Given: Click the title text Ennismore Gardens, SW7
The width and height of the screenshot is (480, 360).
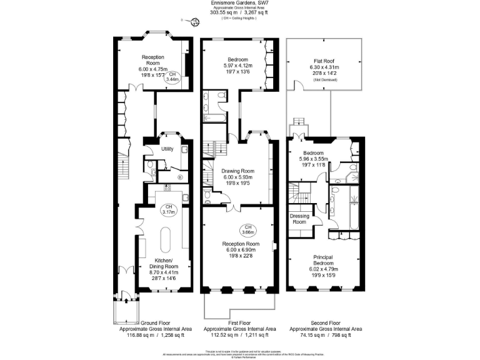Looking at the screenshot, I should point(239,3).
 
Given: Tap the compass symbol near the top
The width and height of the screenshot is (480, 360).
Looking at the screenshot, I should point(195,22).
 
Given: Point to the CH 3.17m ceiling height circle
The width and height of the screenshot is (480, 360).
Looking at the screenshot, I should point(168,209).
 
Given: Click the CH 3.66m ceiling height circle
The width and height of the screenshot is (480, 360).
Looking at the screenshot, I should point(248,229).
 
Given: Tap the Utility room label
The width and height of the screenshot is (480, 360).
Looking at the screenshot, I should point(167,149).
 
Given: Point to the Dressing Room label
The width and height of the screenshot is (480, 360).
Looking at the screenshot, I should point(299,219).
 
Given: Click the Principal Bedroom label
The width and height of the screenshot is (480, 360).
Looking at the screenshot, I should point(324,259).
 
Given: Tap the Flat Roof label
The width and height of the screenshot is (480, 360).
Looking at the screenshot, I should point(324,61).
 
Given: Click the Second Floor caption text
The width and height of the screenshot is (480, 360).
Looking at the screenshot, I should point(324,322).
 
